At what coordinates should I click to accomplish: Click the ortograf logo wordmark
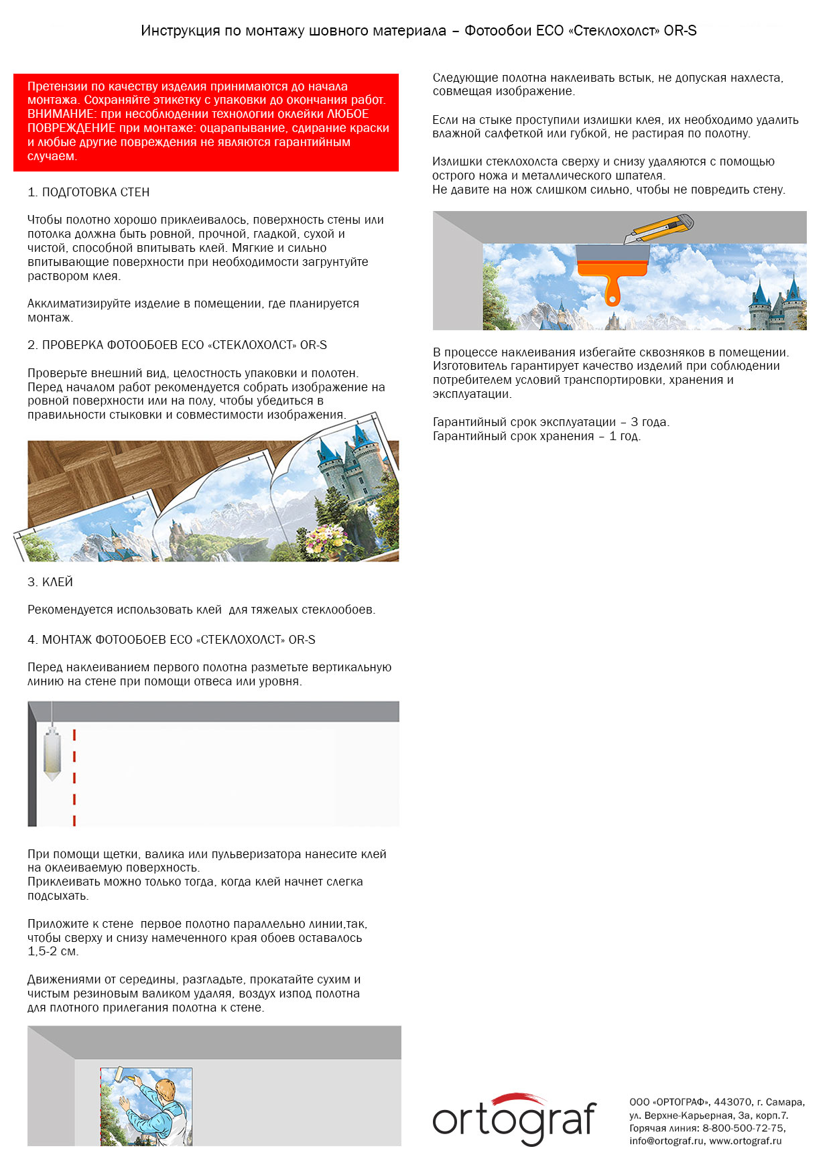[x=514, y=1121]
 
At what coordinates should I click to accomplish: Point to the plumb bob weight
[x=52, y=755]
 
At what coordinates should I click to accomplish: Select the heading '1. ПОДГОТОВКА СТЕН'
[x=88, y=192]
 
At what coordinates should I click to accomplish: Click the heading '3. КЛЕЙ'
[x=50, y=582]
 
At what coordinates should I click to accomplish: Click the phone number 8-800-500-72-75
[x=743, y=1128]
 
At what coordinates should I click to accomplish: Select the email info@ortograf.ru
[x=666, y=1141]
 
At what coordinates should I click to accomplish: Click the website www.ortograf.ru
[x=745, y=1141]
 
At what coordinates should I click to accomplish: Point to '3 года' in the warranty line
[x=649, y=422]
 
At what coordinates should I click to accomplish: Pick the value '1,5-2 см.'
[x=53, y=951]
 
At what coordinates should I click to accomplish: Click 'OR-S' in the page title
[x=680, y=31]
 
